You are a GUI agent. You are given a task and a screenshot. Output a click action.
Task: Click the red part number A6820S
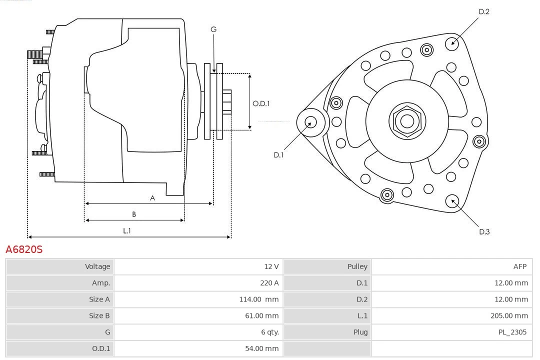[x=24, y=249]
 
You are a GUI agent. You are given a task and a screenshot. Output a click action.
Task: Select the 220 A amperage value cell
[x=269, y=283]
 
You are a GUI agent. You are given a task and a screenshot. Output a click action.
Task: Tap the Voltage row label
[x=97, y=266]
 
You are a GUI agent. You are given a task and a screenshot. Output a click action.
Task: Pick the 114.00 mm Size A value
[x=258, y=299]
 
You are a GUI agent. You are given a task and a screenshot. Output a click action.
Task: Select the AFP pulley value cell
[x=519, y=266]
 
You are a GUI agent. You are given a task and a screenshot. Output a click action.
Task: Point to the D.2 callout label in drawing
[x=483, y=11]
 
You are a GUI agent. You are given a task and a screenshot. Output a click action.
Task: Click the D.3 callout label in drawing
[x=484, y=231]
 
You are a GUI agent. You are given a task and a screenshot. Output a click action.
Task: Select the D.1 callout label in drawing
[x=278, y=155]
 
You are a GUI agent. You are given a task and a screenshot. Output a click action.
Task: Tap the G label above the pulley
[x=213, y=29]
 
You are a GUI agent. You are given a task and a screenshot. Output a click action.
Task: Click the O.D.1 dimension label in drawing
[x=261, y=103]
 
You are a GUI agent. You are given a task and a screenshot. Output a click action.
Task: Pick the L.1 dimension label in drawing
[x=127, y=230]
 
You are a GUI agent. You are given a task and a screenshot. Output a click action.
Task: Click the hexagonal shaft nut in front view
[x=407, y=121]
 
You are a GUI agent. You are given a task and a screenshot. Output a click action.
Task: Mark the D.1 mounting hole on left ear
[x=310, y=121]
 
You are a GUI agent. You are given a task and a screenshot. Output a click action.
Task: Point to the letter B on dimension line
[x=134, y=214]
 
